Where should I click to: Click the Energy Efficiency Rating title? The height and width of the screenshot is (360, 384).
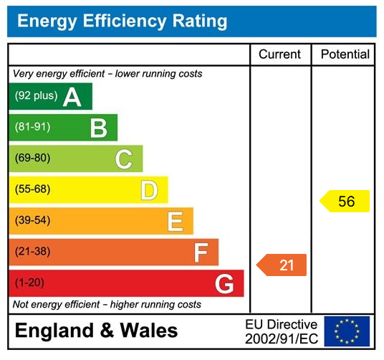[122, 21]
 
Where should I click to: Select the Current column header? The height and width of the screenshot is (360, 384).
[280, 55]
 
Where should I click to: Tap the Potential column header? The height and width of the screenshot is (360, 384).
[345, 55]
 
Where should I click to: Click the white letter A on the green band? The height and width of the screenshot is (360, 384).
[72, 97]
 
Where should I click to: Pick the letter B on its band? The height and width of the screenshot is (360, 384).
[98, 128]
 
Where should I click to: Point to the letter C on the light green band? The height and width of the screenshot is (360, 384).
[123, 159]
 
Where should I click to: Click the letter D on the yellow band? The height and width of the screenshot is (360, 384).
[148, 191]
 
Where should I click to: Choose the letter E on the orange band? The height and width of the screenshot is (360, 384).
[175, 222]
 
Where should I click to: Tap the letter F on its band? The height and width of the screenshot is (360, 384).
[201, 252]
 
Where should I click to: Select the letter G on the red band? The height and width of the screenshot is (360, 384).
[224, 284]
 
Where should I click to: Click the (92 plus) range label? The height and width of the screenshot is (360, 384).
[35, 96]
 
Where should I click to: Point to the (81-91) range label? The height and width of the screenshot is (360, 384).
[32, 128]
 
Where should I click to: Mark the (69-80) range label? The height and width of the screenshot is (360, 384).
[32, 158]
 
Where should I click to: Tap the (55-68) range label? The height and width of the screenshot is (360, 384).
[32, 190]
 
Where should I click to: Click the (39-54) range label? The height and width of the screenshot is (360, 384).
[32, 221]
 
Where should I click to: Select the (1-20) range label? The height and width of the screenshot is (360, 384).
[29, 283]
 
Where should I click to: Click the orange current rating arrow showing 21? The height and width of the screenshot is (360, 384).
[282, 265]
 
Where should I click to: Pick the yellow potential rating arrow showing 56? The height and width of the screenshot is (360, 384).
[345, 202]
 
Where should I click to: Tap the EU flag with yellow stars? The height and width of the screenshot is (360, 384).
[347, 331]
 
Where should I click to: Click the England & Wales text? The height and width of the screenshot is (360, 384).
[96, 331]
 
